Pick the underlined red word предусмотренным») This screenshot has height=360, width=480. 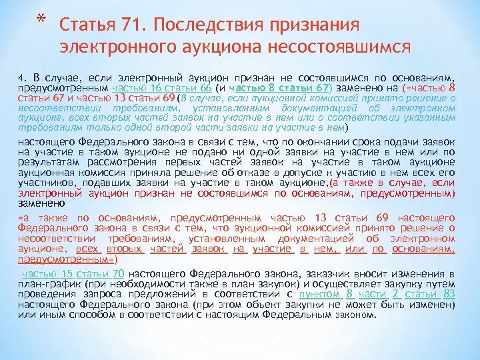coord(67,259)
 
